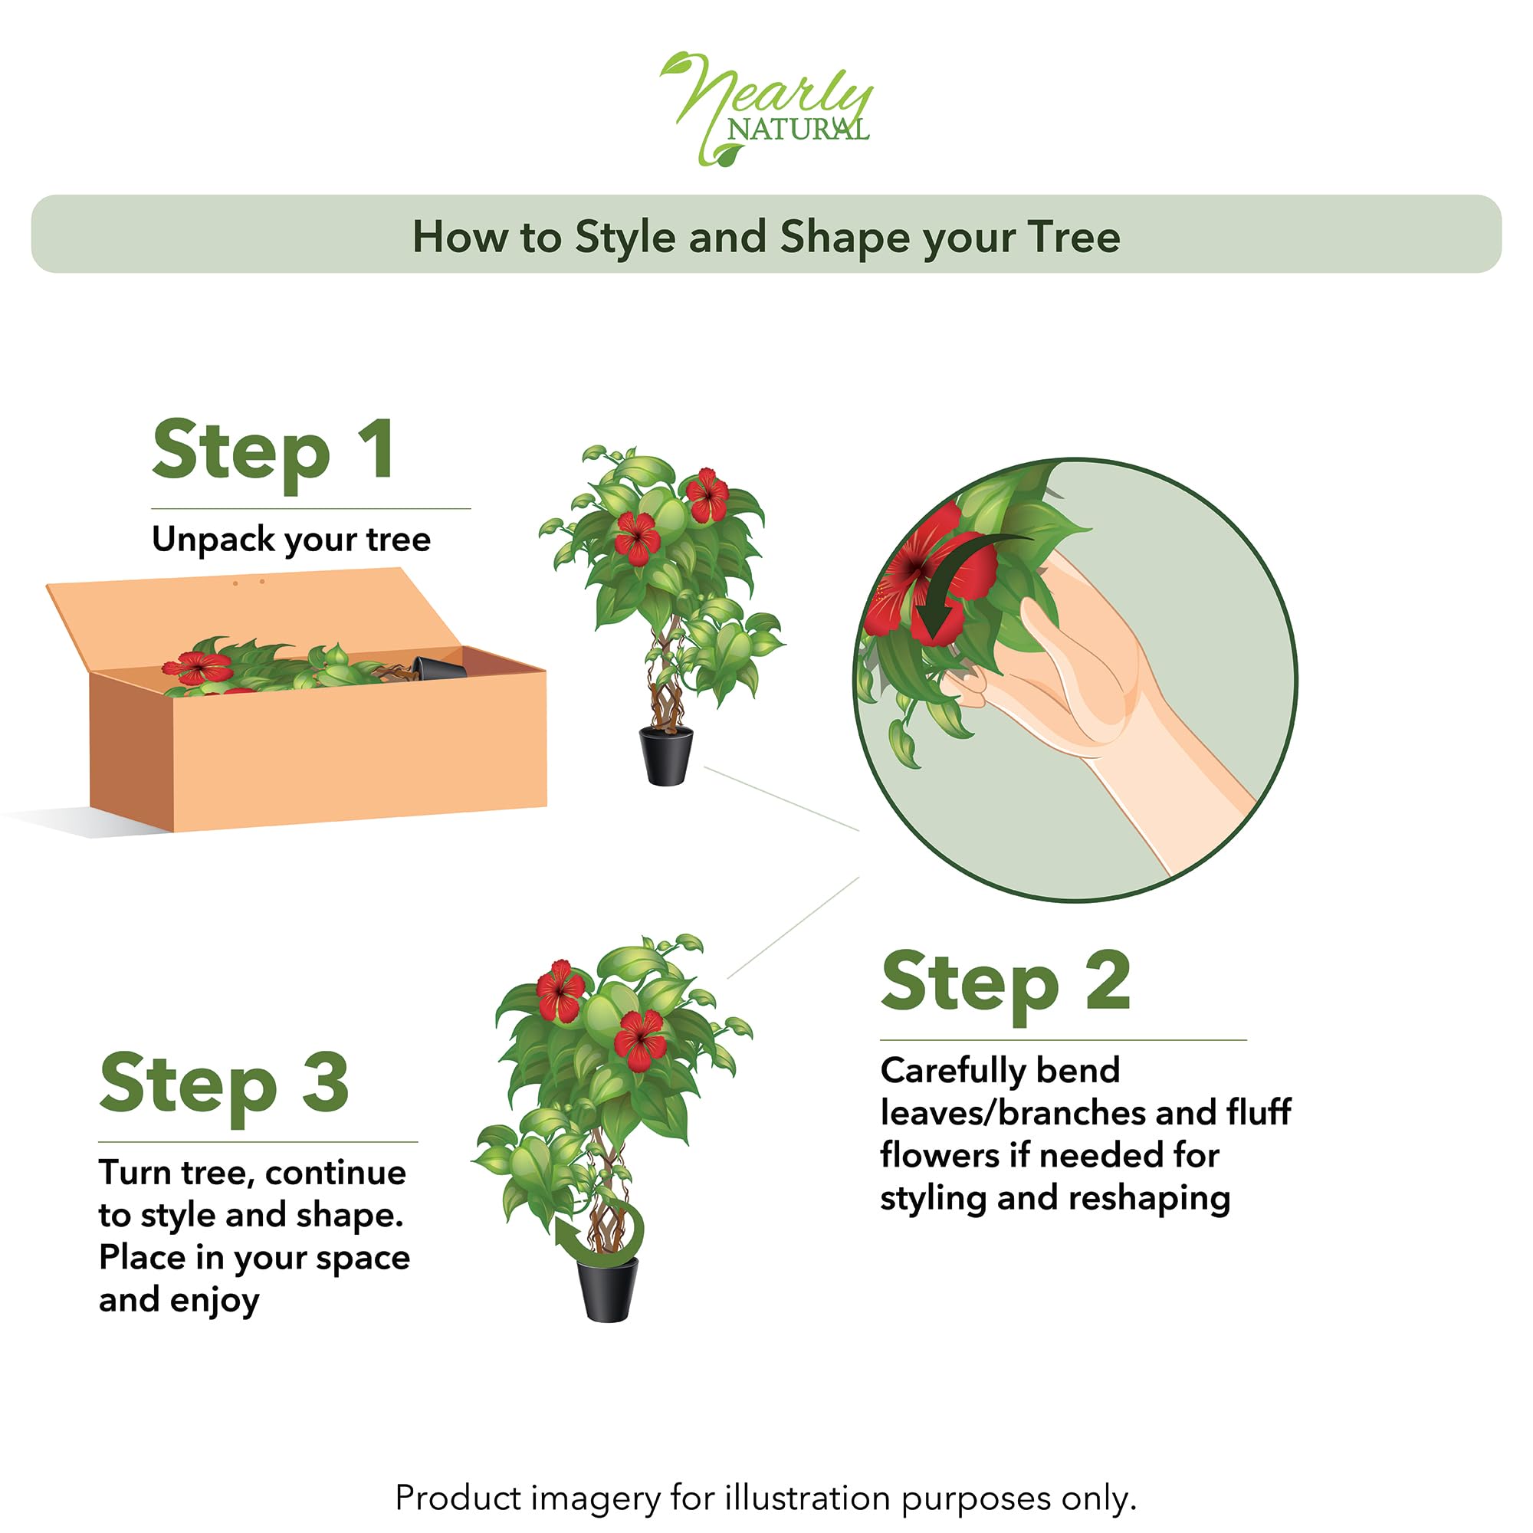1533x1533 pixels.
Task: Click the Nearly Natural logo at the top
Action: [766, 108]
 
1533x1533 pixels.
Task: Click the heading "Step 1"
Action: [273, 450]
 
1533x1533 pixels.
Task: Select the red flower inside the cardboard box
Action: [198, 668]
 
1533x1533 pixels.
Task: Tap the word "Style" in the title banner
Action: [625, 238]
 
